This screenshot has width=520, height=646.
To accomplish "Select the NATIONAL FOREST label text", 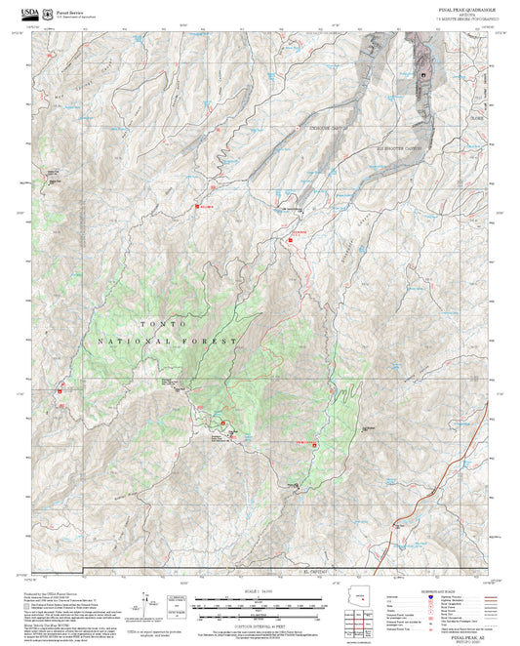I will [x=167, y=342].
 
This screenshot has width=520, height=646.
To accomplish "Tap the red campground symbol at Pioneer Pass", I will [x=224, y=423].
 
